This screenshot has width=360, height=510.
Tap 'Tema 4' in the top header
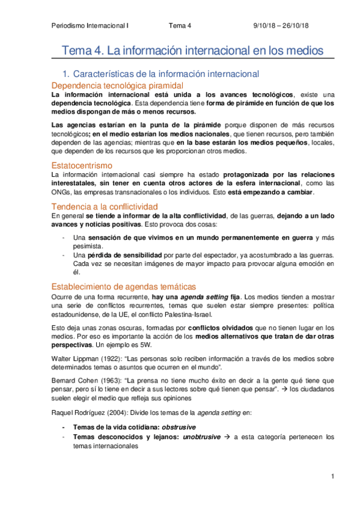(x=180, y=25)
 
